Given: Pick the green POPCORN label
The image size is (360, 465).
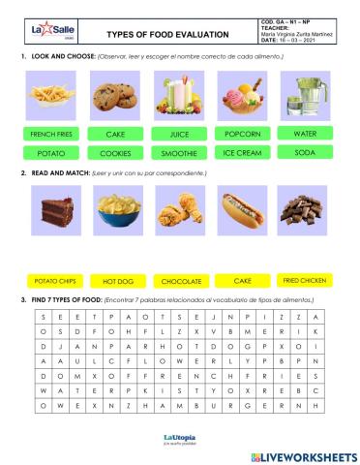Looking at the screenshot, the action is (x=242, y=134).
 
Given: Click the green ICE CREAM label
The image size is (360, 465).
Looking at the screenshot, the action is (x=242, y=153).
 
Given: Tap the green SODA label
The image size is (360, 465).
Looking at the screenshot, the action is (x=304, y=153).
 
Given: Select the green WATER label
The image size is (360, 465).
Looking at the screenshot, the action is (x=304, y=133).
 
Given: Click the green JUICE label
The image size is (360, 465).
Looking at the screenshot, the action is (x=179, y=135).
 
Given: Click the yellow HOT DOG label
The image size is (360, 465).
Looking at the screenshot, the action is (x=117, y=281).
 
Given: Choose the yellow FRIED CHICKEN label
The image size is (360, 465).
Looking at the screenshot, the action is (x=304, y=279).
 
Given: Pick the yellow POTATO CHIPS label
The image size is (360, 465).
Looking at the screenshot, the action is (x=54, y=281).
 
